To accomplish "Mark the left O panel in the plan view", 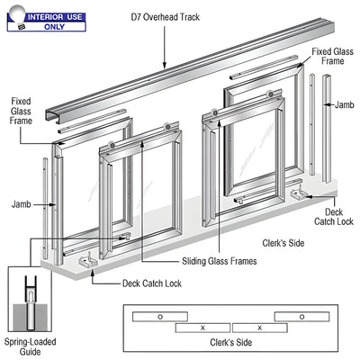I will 160,317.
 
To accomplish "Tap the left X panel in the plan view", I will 203,328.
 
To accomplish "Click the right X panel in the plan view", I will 260,328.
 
